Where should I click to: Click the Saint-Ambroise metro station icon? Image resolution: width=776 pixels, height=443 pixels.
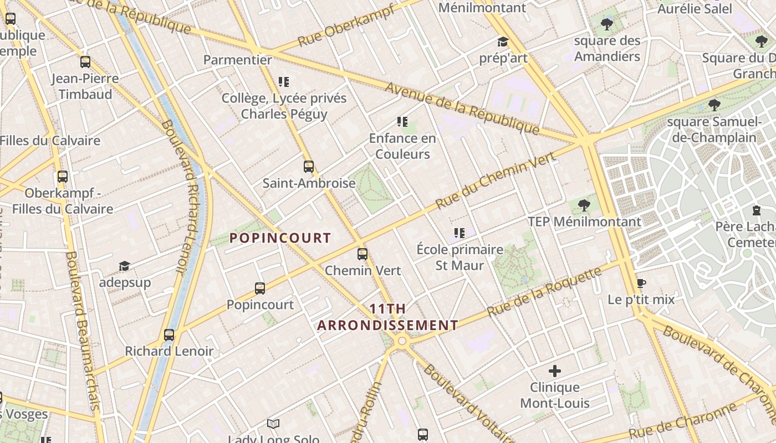309,166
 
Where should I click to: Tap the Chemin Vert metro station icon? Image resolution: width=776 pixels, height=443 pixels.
363,254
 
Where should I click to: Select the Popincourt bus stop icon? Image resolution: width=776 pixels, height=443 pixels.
260,288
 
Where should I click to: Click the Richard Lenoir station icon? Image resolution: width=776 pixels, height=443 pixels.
169,334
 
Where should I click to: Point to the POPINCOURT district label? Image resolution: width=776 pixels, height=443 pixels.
280,238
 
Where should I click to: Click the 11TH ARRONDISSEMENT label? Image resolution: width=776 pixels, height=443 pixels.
387,317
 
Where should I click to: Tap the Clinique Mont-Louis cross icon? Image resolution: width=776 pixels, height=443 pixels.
554,371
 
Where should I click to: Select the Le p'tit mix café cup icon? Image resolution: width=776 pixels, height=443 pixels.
641,284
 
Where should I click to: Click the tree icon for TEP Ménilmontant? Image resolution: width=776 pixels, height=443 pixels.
584,205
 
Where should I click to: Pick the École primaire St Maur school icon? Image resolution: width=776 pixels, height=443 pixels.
459,233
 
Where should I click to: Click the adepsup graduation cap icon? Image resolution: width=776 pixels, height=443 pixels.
124,266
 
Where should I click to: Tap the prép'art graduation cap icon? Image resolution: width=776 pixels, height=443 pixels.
503,42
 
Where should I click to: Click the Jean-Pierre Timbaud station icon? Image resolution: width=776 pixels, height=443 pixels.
85,62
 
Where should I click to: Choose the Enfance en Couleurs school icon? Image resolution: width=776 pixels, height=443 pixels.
402,122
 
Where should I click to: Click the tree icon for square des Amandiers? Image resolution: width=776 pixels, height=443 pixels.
607,24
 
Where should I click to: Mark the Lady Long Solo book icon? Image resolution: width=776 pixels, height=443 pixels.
273,424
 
